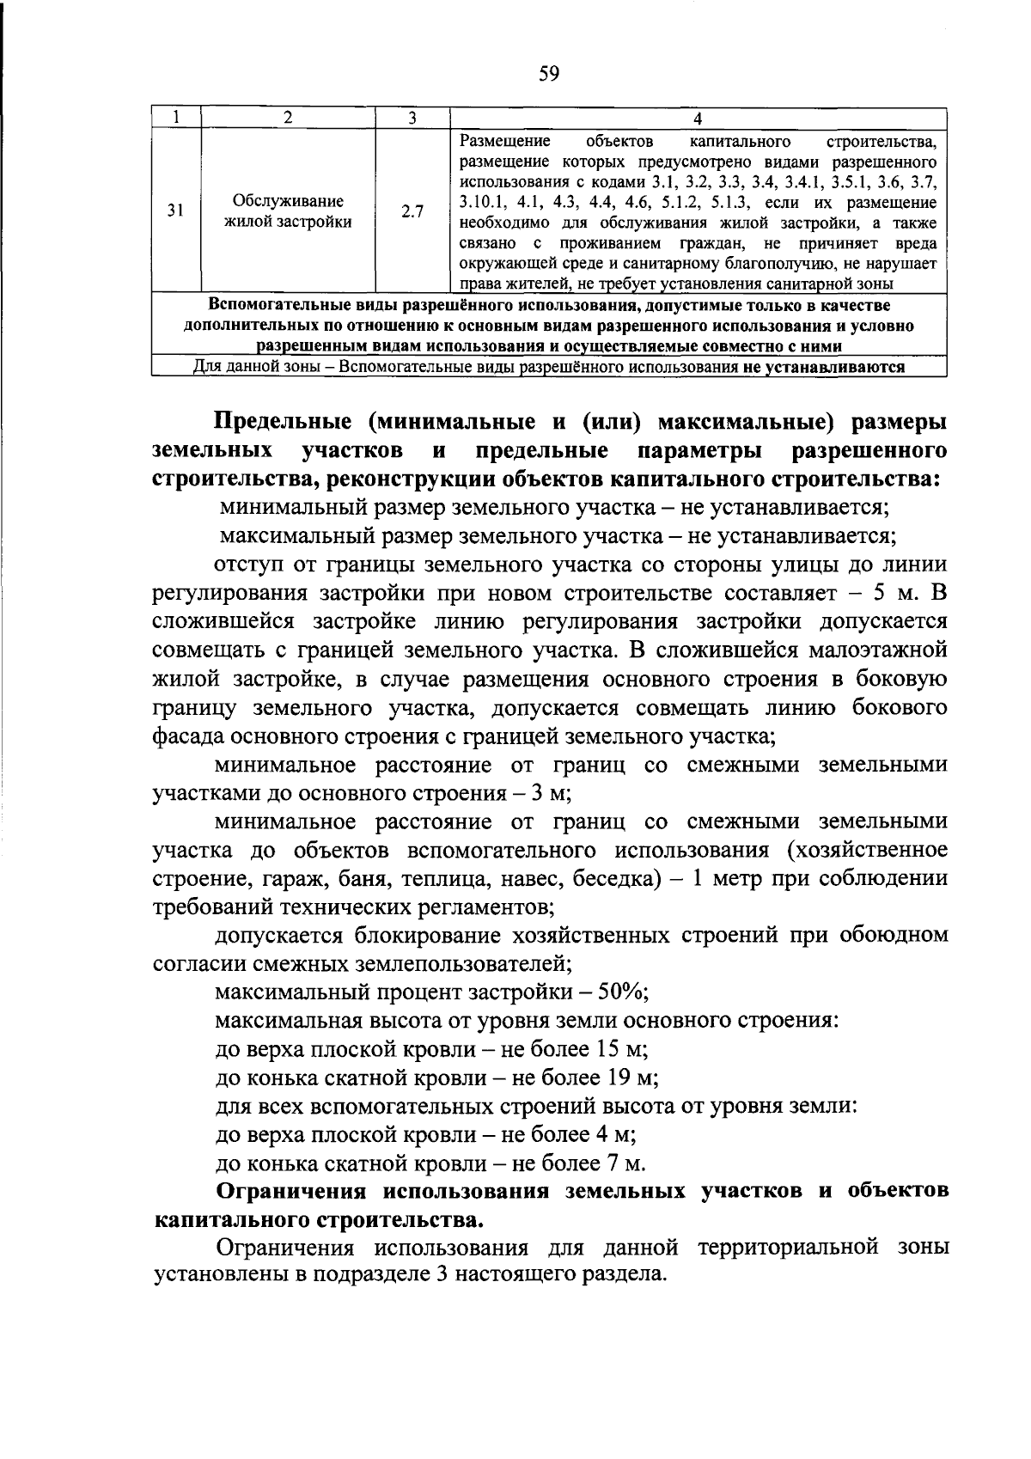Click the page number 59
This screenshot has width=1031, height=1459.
548,74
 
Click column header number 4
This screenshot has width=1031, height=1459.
697,118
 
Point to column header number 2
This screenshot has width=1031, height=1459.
288,118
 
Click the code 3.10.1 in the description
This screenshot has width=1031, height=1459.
483,202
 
